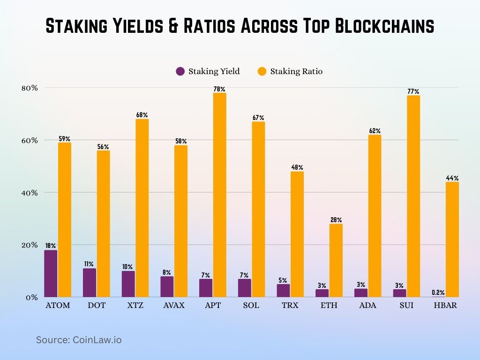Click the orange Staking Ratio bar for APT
pyautogui.click(x=220, y=195)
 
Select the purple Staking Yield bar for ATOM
pyautogui.click(x=51, y=274)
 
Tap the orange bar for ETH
pyautogui.click(x=336, y=261)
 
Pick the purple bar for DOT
pyautogui.click(x=90, y=283)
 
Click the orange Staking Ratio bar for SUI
pyautogui.click(x=413, y=196)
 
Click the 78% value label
pyautogui.click(x=220, y=89)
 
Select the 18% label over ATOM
pyautogui.click(x=51, y=246)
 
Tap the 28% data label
pyautogui.click(x=336, y=220)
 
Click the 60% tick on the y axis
pyautogui.click(x=28, y=140)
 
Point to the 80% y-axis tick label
pyautogui.click(x=28, y=88)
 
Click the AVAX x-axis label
pyautogui.click(x=174, y=306)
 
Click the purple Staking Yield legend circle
pyautogui.click(x=180, y=71)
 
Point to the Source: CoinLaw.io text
pyautogui.click(x=79, y=340)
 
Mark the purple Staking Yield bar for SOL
pyautogui.click(x=244, y=288)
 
